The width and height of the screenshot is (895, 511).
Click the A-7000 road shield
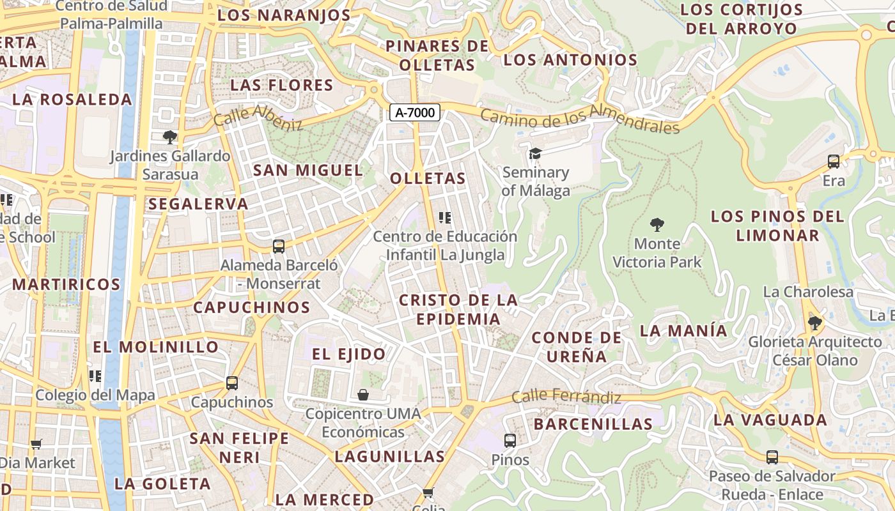[414, 113]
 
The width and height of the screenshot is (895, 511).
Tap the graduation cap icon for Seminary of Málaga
[535, 153]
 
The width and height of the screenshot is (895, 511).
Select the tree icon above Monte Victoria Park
[657, 225]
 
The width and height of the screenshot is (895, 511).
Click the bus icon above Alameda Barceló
[278, 246]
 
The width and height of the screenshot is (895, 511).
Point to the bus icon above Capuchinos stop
[232, 383]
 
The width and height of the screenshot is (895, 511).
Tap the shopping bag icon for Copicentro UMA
[363, 395]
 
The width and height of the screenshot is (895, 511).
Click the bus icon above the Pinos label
[510, 440]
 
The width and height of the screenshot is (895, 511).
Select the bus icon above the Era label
[834, 162]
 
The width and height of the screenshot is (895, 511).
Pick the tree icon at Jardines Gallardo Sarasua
[170, 137]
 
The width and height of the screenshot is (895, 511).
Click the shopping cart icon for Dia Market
[36, 444]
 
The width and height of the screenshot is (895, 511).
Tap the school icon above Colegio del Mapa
[95, 376]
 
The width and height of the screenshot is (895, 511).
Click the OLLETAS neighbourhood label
[428, 178]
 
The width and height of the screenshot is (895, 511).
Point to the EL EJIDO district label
[349, 354]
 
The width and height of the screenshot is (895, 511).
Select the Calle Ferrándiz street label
[566, 397]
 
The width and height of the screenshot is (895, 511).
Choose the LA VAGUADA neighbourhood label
[770, 420]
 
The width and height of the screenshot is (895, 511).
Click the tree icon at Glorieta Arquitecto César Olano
[814, 323]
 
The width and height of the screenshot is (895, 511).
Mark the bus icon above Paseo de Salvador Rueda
[772, 457]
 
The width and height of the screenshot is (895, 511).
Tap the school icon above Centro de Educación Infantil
[446, 217]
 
